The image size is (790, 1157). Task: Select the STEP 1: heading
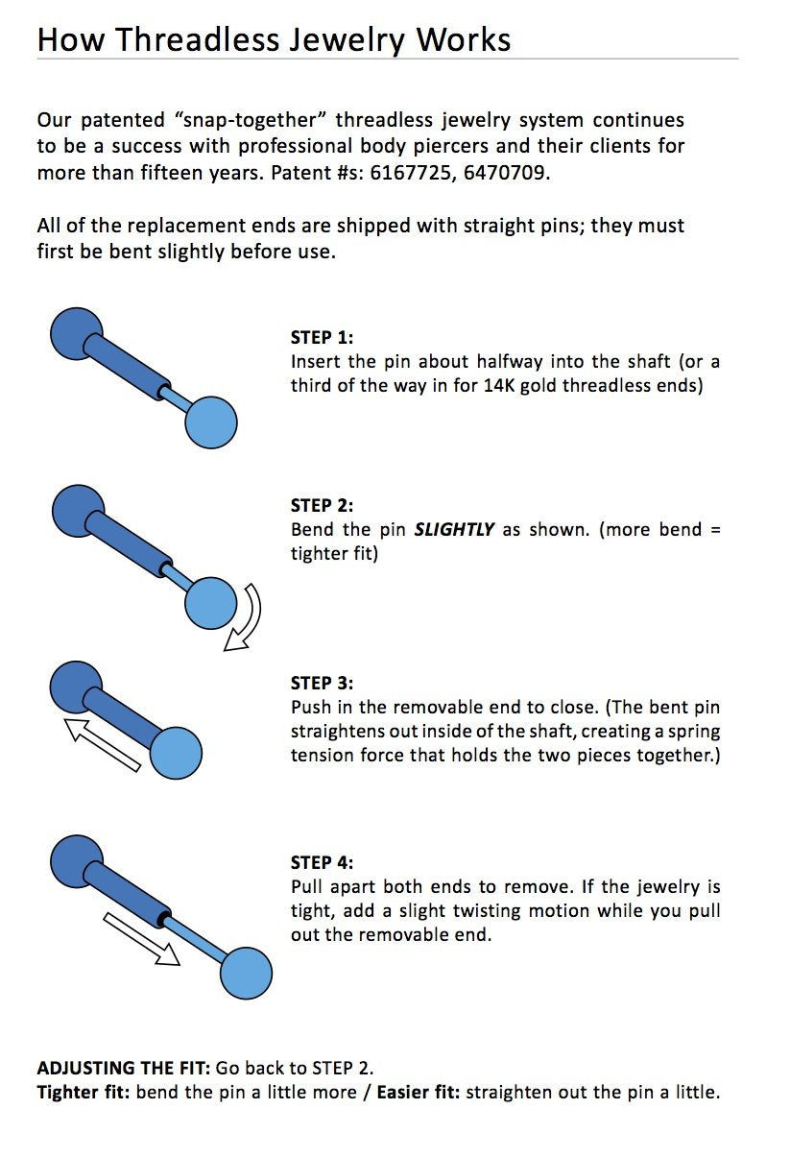click(322, 338)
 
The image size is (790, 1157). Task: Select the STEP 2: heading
click(322, 506)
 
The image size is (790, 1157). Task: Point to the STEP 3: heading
click(322, 684)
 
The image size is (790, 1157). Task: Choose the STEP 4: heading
click(322, 862)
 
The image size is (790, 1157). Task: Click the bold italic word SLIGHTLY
click(454, 530)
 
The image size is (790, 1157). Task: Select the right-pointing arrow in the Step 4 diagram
click(142, 939)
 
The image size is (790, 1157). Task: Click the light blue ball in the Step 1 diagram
click(210, 422)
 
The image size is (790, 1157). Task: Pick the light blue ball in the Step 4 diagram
click(246, 974)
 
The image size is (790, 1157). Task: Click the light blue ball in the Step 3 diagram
click(176, 751)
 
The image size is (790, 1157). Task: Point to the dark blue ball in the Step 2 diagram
click(75, 510)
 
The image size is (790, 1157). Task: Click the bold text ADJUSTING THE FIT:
click(124, 1068)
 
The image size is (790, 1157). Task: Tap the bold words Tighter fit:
click(84, 1093)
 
